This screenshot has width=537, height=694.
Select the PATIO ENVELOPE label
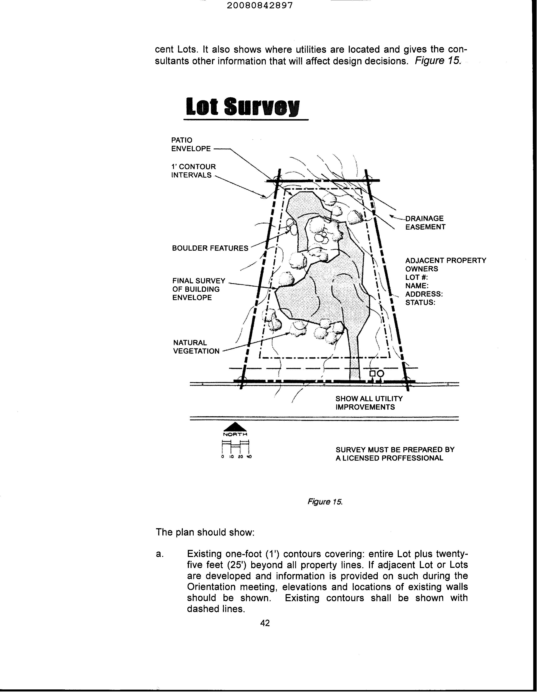[191, 144]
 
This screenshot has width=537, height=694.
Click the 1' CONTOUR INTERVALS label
[193, 171]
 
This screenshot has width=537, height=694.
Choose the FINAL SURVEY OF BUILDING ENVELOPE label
[199, 289]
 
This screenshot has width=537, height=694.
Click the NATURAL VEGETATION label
[196, 347]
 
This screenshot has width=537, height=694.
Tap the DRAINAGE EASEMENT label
[425, 223]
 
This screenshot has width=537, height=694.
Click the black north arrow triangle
[235, 427]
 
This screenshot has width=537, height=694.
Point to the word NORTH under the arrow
[235, 434]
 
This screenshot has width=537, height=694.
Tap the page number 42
[265, 623]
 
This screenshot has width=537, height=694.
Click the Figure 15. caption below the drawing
[324, 502]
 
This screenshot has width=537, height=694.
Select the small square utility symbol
[372, 373]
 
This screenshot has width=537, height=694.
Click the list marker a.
[159, 554]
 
